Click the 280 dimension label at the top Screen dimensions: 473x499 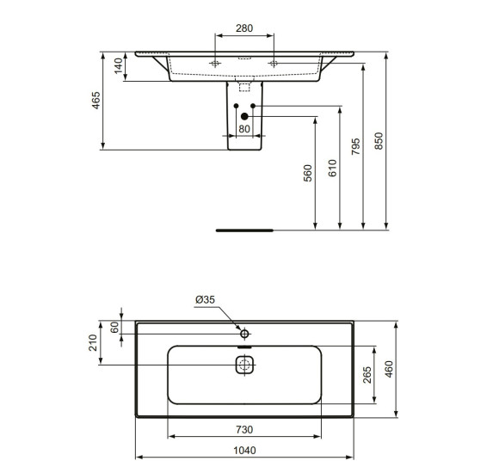(x=244, y=28)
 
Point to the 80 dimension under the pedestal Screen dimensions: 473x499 (x=244, y=129)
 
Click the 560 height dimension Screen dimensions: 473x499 (x=308, y=173)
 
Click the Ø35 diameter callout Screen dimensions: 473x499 (x=205, y=298)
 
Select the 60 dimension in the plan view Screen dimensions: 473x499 (x=114, y=328)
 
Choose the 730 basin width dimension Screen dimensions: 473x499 (x=244, y=429)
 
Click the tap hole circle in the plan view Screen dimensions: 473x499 (x=244, y=333)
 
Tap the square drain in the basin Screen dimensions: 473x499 (x=244, y=365)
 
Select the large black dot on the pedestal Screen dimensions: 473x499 (x=244, y=115)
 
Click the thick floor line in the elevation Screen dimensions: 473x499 (x=243, y=230)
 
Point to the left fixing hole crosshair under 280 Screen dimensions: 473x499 (x=215, y=64)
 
